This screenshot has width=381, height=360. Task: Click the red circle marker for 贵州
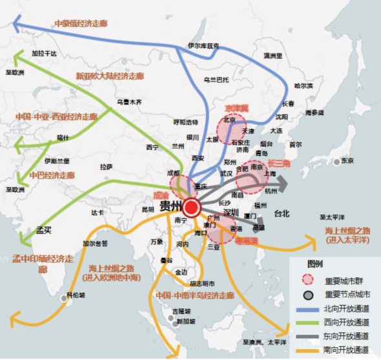pyautogui.click(x=192, y=208)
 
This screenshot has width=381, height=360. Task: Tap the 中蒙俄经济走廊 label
pyautogui.click(x=81, y=23)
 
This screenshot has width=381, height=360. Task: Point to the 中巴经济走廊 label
pyautogui.click(x=52, y=175)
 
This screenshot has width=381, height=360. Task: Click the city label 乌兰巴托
pyautogui.click(x=217, y=79)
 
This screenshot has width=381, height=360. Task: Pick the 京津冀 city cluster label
pyautogui.click(x=236, y=108)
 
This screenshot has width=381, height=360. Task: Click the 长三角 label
pyautogui.click(x=280, y=164)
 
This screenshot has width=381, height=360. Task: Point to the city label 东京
pyautogui.click(x=347, y=160)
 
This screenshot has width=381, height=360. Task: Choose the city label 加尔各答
pyautogui.click(x=94, y=244)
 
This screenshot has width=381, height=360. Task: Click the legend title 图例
pyautogui.click(x=314, y=264)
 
